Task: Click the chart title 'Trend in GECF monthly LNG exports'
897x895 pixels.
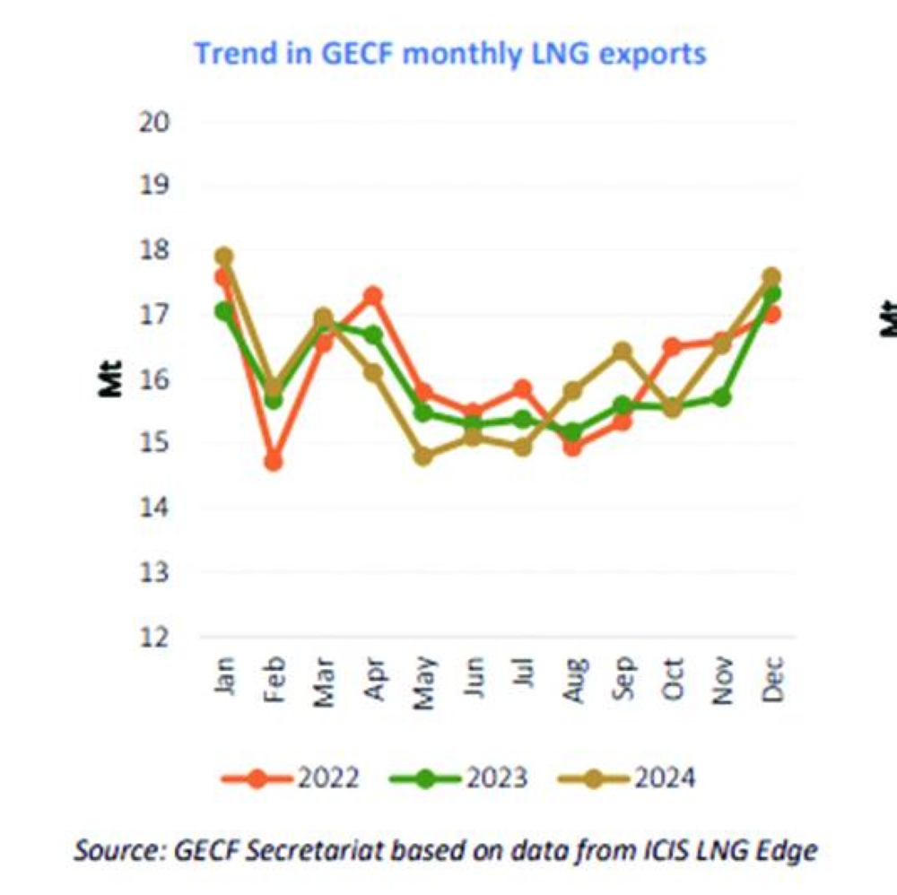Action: [450, 54]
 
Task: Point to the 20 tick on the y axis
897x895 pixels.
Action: [154, 122]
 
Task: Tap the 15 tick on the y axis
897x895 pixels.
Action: [154, 444]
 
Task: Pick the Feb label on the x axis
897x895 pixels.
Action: [274, 684]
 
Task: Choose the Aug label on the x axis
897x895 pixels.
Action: [573, 684]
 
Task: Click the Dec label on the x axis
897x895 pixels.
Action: [772, 682]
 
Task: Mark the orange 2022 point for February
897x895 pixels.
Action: [274, 462]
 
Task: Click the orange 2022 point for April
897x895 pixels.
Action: [373, 295]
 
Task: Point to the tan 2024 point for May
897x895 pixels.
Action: [423, 456]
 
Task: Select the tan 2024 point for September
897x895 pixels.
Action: [623, 351]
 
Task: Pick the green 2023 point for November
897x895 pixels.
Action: [722, 396]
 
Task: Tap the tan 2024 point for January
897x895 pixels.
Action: [224, 256]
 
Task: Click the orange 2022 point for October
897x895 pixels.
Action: [673, 346]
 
